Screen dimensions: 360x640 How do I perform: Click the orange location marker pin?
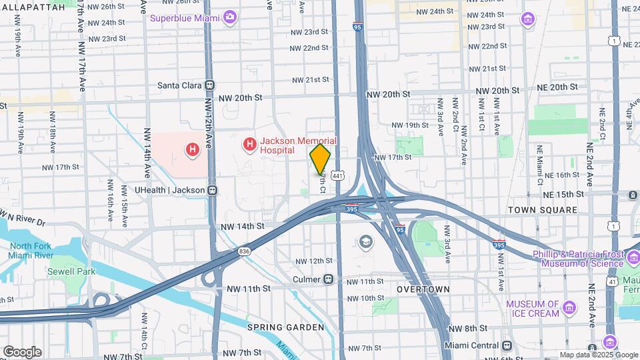pos(320,159)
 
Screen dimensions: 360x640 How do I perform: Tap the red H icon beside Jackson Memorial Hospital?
pos(250,144)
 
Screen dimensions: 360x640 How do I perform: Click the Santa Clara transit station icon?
pos(210,85)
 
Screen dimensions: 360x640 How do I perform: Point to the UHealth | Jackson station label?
pos(169,190)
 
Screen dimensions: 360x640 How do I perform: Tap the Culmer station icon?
pos(329,280)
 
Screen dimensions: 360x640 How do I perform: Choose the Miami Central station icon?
pos(507,345)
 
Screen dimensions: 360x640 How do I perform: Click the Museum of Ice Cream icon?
pos(569,308)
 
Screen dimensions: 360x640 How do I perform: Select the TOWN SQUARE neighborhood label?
pos(542,210)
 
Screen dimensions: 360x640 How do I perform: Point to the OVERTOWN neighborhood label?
pos(423,289)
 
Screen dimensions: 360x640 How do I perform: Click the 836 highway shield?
pos(243,251)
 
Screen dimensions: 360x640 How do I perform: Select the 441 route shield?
pos(339,175)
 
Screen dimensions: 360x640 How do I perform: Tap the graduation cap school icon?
pos(365,241)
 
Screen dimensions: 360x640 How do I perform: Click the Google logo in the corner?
pos(22,351)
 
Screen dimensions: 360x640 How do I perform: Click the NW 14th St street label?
pos(243,227)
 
